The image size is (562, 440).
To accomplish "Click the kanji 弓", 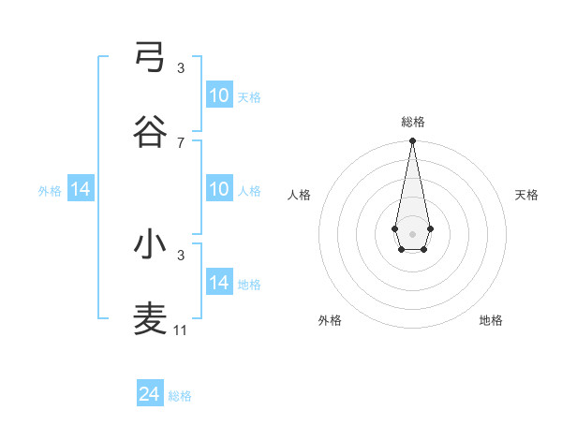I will pyautogui.click(x=150, y=57).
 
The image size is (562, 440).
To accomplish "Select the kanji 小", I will pyautogui.click(x=150, y=244).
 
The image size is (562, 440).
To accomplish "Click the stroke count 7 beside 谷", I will pyautogui.click(x=180, y=142).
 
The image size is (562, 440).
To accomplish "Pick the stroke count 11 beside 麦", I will pyautogui.click(x=182, y=330).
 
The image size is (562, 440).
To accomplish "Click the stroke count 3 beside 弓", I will pyautogui.click(x=180, y=67).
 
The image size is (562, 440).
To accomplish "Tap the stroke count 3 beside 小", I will pyautogui.click(x=180, y=255).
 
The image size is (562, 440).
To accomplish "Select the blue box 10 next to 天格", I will pyautogui.click(x=219, y=95).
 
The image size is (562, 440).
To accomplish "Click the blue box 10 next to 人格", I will pyautogui.click(x=219, y=189).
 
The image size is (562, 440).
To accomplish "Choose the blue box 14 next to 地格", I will pyautogui.click(x=219, y=283).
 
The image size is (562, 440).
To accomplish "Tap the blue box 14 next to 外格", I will pyautogui.click(x=81, y=189).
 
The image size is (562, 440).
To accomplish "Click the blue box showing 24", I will pyautogui.click(x=150, y=394).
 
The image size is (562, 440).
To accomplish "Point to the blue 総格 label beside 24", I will pyautogui.click(x=180, y=396).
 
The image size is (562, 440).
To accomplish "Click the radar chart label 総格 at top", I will pyautogui.click(x=413, y=122).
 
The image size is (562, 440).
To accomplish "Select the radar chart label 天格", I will pyautogui.click(x=527, y=195).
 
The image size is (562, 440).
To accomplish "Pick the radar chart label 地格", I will pyautogui.click(x=491, y=320).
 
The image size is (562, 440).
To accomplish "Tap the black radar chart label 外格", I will pyautogui.click(x=330, y=320).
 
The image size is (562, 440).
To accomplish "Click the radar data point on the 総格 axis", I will pyautogui.click(x=412, y=141).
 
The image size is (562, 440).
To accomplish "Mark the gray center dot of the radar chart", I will pyautogui.click(x=412, y=232).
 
